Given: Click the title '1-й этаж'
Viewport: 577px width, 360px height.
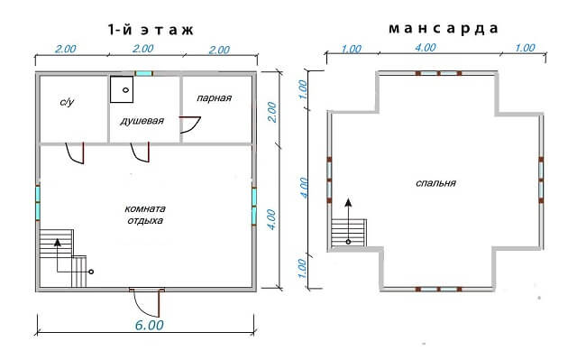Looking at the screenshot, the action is pos(151,30).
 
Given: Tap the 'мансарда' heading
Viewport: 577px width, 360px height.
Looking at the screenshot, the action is pos(444,29).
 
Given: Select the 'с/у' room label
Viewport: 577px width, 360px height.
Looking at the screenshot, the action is pos(67,102).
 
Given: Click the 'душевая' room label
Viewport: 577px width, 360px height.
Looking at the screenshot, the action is pos(142,121).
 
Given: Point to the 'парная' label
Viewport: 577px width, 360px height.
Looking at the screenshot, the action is pos(215,98).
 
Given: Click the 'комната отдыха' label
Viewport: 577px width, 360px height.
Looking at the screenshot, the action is pos(145,215).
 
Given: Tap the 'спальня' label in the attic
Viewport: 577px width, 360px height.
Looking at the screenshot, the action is pos(435,183).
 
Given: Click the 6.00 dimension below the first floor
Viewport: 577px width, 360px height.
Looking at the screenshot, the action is pos(149,325).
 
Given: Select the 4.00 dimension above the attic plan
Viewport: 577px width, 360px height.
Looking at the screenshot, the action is pos(426,48).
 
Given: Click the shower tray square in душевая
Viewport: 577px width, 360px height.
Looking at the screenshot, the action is pos(122,89).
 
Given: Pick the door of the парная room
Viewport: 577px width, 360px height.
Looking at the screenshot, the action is pos(190,125).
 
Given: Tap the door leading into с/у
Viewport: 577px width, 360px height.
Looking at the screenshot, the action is pos(75,152).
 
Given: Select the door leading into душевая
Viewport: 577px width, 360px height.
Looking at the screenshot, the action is pos(141,152).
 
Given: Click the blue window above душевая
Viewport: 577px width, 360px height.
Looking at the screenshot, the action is pos(143,73).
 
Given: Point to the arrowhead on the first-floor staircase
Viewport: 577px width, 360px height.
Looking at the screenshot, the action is pos(57,242).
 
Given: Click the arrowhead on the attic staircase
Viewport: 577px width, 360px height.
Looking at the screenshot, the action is pos(348,202).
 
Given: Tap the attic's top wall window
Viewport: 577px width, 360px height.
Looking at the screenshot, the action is pos(439,73).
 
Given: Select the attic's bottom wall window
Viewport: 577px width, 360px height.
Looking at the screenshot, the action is pos(439,290).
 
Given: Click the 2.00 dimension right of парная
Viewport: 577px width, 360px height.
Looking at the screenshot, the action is pos(271,112).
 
